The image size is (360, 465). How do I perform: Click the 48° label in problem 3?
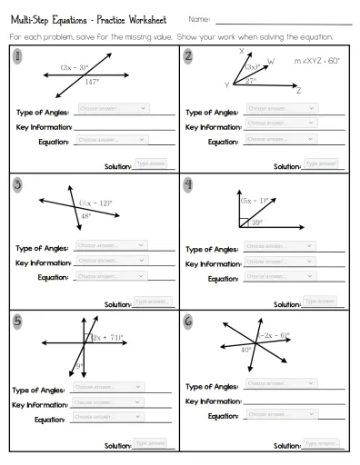[x=85, y=216]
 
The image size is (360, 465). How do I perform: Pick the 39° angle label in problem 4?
[x=258, y=223]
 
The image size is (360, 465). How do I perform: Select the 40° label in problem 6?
[x=245, y=349]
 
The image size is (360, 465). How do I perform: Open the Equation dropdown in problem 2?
[x=281, y=139]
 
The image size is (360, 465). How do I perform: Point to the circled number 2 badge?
[x=187, y=55]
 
